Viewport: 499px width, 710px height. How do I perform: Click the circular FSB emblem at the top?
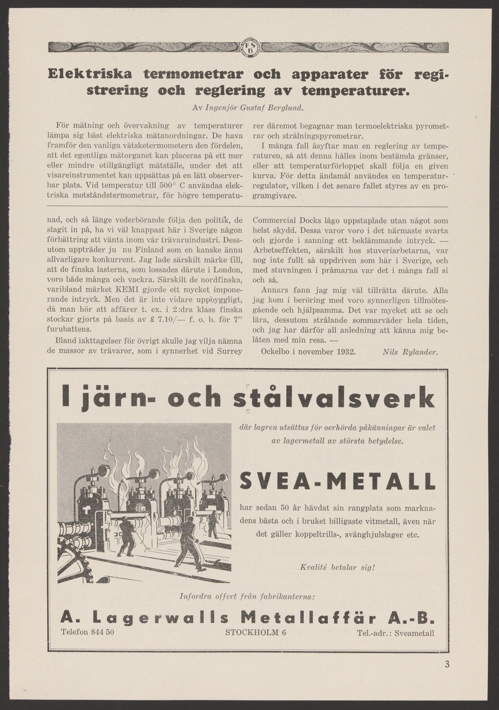click(x=249, y=47)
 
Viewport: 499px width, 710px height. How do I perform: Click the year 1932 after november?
click(x=343, y=352)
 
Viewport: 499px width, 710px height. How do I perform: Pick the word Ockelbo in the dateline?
click(x=276, y=352)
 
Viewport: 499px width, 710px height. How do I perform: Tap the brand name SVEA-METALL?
click(x=338, y=482)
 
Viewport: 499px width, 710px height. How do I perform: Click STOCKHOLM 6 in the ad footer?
click(x=255, y=632)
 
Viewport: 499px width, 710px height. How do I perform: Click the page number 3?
click(x=447, y=663)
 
